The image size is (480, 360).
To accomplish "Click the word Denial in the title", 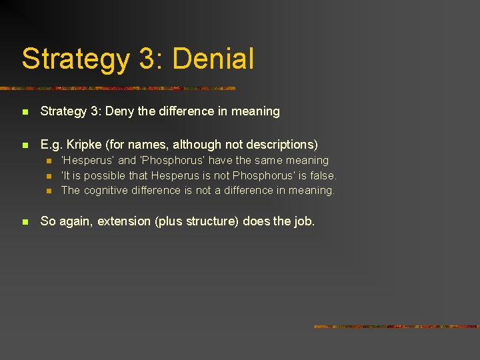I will point(213,59).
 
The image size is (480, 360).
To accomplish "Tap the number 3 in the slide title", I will point(147,59).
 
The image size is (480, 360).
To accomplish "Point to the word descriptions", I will point(281,144).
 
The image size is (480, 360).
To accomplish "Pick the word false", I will point(323,175).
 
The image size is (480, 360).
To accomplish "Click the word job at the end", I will point(303,221).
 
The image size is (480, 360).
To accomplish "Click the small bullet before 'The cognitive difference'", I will point(49,191).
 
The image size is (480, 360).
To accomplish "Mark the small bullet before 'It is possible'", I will point(49,176).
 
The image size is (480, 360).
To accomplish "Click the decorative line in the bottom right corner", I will point(396,327).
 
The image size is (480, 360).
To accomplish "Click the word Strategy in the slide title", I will point(75,59).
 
